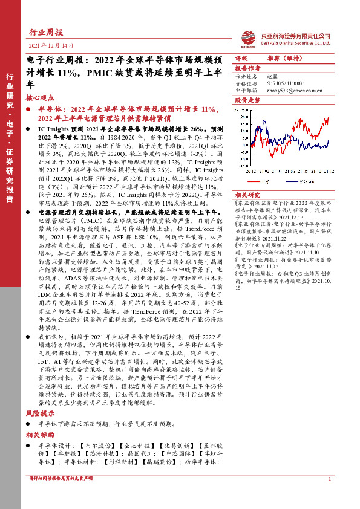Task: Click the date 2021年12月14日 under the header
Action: pos(50,46)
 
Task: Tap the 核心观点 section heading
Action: pos(41,97)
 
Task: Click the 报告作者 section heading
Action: pos(247,68)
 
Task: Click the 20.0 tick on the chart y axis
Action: pos(243,117)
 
